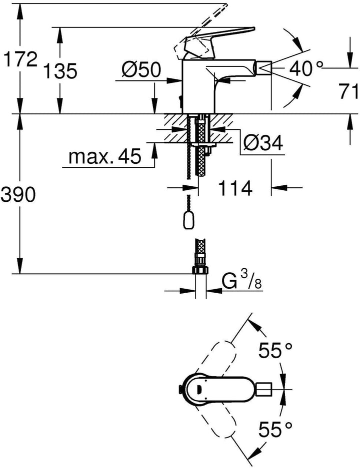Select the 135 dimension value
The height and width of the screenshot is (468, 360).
click(x=60, y=71)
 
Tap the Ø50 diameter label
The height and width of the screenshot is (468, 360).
click(x=141, y=69)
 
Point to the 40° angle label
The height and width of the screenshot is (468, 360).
click(x=306, y=68)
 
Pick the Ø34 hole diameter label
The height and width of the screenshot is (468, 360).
click(x=263, y=143)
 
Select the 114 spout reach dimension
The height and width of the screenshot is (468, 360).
click(x=235, y=188)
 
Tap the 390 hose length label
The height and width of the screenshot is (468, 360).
click(x=18, y=195)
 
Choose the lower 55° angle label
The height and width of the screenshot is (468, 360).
click(x=275, y=430)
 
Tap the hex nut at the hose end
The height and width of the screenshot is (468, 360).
click(x=200, y=270)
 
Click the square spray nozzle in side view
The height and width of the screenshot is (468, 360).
click(x=264, y=68)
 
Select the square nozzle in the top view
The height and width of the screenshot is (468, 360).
click(x=264, y=389)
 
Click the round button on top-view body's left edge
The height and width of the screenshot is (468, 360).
click(x=180, y=389)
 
